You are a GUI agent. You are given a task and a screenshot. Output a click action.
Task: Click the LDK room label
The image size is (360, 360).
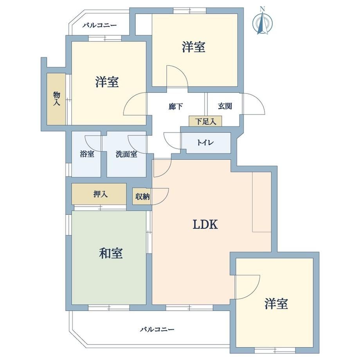click(x=205, y=224)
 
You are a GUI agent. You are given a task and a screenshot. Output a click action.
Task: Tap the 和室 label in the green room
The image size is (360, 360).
click(x=111, y=253)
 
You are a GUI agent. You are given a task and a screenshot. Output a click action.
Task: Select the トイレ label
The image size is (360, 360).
click(x=205, y=142)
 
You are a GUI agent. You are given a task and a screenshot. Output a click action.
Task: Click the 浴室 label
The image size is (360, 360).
click(x=87, y=154)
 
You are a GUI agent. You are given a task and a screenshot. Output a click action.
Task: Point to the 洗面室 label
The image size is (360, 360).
click(x=126, y=154)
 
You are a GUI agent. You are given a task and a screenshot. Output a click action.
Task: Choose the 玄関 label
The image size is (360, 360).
click(x=225, y=106)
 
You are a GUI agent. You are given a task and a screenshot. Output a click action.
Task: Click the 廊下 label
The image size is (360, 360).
click(x=176, y=106)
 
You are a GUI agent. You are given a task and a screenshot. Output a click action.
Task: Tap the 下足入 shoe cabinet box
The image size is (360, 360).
click(x=205, y=121)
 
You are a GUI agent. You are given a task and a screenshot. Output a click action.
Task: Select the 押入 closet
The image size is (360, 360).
click(x=99, y=194)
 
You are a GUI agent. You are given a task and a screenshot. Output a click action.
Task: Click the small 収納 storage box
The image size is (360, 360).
click(x=142, y=196)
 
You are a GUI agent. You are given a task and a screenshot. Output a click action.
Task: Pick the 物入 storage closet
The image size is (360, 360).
click(x=56, y=99)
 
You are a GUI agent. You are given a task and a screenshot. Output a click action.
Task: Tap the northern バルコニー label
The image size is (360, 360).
click(x=100, y=25)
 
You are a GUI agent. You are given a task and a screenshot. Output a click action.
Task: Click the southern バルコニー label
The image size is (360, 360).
click(x=157, y=329)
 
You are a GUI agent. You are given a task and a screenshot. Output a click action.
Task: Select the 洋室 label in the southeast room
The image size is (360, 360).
click(x=276, y=304)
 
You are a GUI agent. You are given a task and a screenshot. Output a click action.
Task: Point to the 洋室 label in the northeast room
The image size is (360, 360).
click(x=194, y=47)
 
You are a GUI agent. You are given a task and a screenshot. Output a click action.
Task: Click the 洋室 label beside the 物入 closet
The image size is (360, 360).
click(x=107, y=82)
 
